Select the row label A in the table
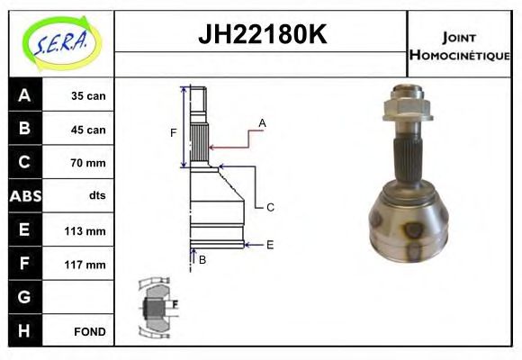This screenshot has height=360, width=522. click(x=23, y=95)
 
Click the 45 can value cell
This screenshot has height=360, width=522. click(x=88, y=130)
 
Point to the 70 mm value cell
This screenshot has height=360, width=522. click(x=88, y=163)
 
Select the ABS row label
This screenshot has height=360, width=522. click(x=23, y=196)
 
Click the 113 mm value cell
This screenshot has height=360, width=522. click(x=88, y=230)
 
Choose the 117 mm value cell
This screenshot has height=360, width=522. click(x=88, y=265)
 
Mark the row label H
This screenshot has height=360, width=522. click(x=23, y=330)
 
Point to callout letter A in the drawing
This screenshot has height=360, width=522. click(x=262, y=122)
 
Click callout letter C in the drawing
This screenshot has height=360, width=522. click(x=270, y=207)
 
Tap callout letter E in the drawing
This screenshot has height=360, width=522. click(x=270, y=244)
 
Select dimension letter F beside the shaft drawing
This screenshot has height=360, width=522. click(x=174, y=133)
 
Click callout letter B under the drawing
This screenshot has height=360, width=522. click(x=202, y=260)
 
